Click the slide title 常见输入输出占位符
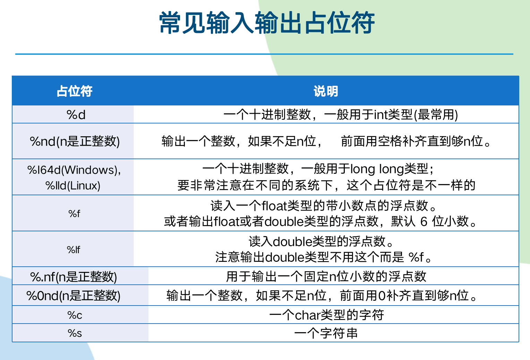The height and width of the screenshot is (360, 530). pyautogui.click(x=267, y=23)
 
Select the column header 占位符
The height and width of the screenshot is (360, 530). pyautogui.click(x=74, y=91)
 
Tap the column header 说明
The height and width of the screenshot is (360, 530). pyautogui.click(x=326, y=91)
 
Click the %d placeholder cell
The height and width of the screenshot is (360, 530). pyautogui.click(x=76, y=115)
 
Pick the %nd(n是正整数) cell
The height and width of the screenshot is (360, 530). pyautogui.click(x=75, y=142)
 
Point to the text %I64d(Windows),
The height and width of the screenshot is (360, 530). pyautogui.click(x=74, y=170)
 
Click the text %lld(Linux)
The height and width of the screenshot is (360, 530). pyautogui.click(x=73, y=186)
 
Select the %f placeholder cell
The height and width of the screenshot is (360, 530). pyautogui.click(x=74, y=214)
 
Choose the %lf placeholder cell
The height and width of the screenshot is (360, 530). pyautogui.click(x=73, y=250)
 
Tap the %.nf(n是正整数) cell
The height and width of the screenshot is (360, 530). pyautogui.click(x=74, y=277)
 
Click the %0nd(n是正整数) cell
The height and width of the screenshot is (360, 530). pyautogui.click(x=73, y=296)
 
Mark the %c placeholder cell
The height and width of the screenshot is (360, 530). pyautogui.click(x=75, y=315)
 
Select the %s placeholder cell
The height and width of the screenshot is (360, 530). pyautogui.click(x=75, y=333)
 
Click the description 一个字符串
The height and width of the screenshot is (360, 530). pyautogui.click(x=326, y=333)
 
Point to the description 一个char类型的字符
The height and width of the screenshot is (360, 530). pyautogui.click(x=326, y=315)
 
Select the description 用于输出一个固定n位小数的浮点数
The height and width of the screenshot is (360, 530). pyautogui.click(x=326, y=277)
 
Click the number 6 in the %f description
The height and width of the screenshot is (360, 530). pyautogui.click(x=424, y=222)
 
